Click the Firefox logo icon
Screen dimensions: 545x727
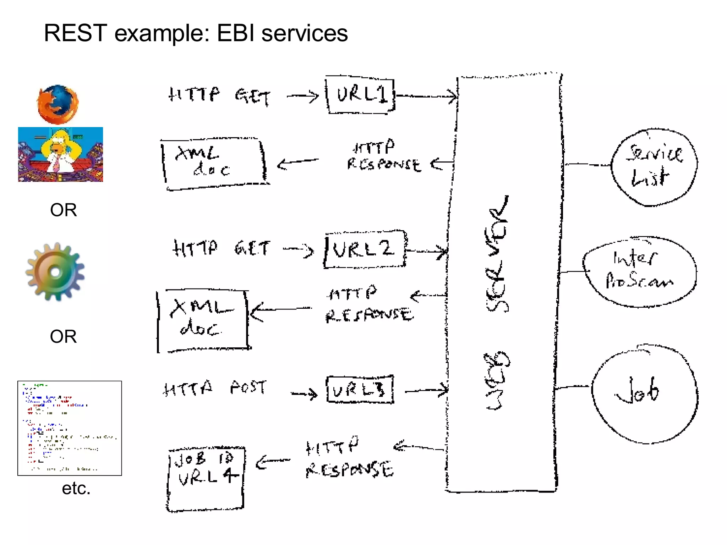point(58,104)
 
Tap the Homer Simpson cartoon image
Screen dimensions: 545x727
point(61,154)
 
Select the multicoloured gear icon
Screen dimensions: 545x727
point(55,272)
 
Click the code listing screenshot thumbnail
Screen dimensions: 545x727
point(70,428)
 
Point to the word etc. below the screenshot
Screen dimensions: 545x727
point(76,488)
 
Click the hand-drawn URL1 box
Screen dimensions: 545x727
point(360,95)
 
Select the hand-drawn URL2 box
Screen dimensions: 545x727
point(365,249)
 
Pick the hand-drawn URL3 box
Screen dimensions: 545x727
point(360,390)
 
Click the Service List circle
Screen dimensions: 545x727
point(654,167)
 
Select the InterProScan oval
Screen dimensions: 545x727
point(639,272)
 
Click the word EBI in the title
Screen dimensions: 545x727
point(235,33)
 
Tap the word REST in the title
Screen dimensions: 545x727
point(75,33)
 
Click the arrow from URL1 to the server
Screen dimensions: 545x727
point(426,96)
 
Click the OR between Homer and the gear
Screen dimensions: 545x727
point(63,210)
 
